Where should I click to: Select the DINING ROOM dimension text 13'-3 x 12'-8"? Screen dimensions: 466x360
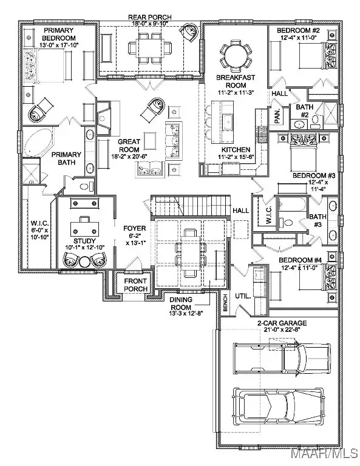point(186,314)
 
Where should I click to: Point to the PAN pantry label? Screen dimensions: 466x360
point(275,113)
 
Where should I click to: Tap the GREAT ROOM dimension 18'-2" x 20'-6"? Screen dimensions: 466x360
point(129,157)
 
